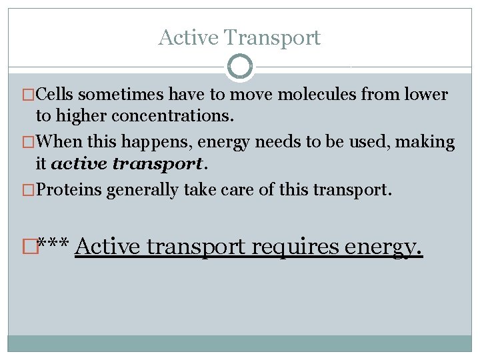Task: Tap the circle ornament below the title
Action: click(x=240, y=67)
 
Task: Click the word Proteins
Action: click(x=68, y=190)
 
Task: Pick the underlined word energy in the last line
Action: click(x=383, y=248)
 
